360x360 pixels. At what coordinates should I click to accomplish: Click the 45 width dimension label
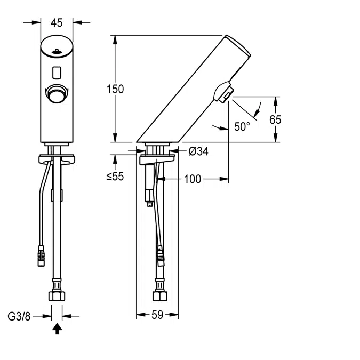pyautogui.click(x=57, y=22)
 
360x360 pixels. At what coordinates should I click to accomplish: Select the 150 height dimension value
pyautogui.click(x=116, y=89)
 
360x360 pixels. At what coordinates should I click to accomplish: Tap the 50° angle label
pyautogui.click(x=242, y=127)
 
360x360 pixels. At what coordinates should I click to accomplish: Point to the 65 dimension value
pyautogui.click(x=275, y=119)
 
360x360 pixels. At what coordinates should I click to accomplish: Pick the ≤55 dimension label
pyautogui.click(x=115, y=177)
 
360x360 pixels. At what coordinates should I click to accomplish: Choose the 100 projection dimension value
pyautogui.click(x=193, y=179)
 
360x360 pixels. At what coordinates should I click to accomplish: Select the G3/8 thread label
pyautogui.click(x=19, y=316)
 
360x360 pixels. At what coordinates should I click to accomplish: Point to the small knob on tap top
pyautogui.click(x=57, y=52)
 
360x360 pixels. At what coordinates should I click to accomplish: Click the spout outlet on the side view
pyautogui.click(x=225, y=94)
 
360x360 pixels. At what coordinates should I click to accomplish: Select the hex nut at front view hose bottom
pyautogui.click(x=57, y=295)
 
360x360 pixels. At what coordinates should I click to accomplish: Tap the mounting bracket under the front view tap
pyautogui.click(x=57, y=159)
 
